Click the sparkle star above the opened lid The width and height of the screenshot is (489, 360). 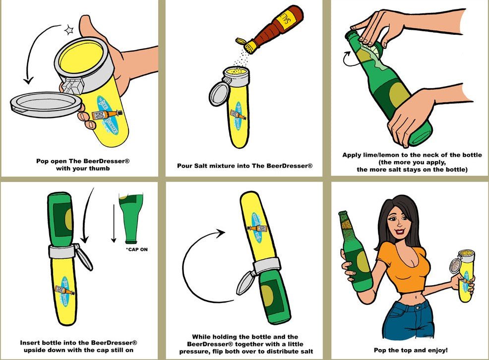pos(68,30)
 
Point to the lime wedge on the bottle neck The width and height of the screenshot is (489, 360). pos(378,51)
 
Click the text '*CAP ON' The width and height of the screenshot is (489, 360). pos(136,249)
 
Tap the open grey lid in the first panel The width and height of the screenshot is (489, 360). pos(46,104)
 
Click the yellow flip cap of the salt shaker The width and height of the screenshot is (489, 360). pos(241,41)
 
